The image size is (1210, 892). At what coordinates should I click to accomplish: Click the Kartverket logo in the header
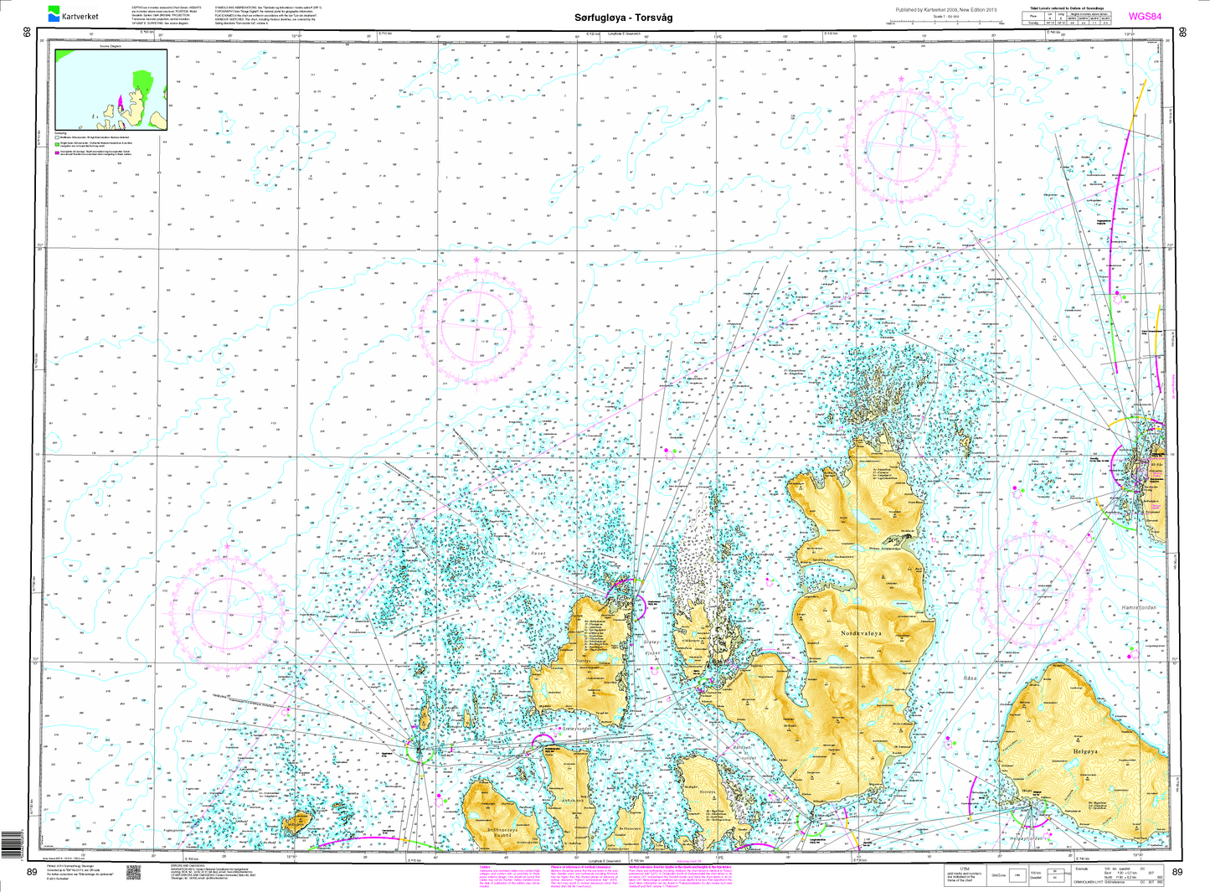point(74,14)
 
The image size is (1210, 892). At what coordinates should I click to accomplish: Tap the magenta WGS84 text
point(1145,16)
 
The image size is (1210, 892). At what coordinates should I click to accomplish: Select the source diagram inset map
point(111,90)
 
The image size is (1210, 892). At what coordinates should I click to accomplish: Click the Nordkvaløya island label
point(867,634)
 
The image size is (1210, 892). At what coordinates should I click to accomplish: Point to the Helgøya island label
point(1084,752)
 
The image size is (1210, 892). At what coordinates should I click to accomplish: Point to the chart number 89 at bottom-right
point(1177,873)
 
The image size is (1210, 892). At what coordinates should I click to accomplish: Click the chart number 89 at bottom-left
point(32,873)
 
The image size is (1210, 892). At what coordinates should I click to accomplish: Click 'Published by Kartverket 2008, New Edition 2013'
point(946,10)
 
